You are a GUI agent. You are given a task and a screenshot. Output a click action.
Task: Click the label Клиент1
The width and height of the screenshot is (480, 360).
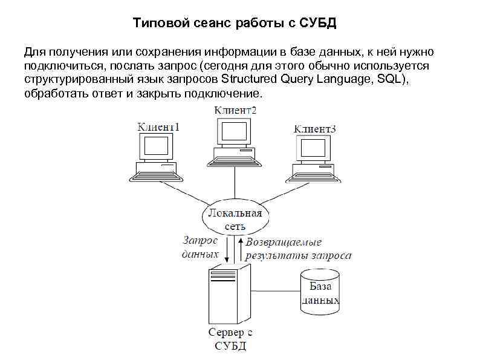(x=159, y=127)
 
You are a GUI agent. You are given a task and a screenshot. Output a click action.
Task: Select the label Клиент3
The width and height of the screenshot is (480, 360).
(x=314, y=129)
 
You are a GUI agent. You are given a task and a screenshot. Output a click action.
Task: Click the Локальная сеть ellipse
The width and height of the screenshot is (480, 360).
(x=235, y=218)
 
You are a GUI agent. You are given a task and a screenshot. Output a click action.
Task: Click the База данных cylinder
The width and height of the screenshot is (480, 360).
(x=320, y=292)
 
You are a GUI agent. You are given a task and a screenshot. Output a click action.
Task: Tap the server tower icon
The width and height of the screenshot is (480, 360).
(x=229, y=294)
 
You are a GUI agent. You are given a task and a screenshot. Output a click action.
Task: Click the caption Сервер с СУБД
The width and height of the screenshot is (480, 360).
(x=230, y=339)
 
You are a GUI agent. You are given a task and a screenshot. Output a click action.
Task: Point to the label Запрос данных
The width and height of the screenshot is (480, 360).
(x=199, y=247)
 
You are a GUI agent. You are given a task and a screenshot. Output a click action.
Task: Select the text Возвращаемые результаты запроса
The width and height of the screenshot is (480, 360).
(x=297, y=249)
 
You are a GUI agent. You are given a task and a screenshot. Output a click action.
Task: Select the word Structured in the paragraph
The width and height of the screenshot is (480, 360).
(x=249, y=79)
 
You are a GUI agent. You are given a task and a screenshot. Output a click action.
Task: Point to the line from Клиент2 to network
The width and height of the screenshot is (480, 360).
(x=235, y=182)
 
